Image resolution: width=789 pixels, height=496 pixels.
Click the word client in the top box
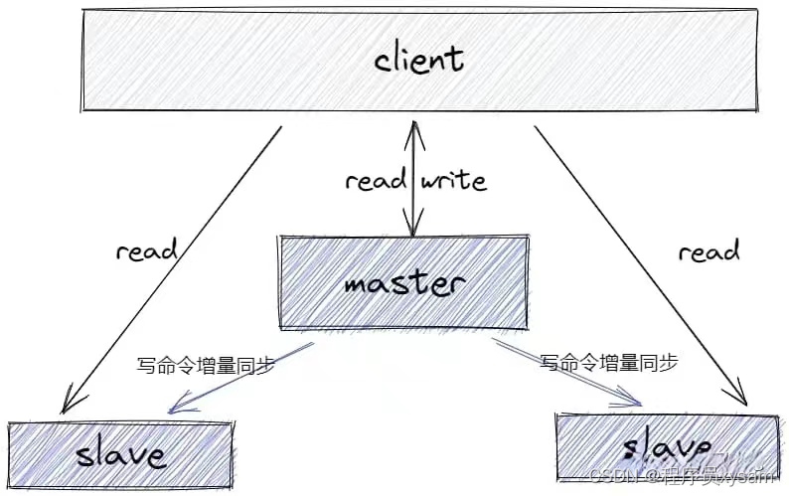(418, 59)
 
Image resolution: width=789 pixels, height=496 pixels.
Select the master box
(403, 282)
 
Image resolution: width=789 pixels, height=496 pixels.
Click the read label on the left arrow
(146, 250)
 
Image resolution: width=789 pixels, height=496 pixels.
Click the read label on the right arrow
(709, 252)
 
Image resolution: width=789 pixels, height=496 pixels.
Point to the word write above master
(454, 181)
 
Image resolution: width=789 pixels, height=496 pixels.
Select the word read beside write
(376, 181)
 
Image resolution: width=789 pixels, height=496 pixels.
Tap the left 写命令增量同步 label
(205, 365)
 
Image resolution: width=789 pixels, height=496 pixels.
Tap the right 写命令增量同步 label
(609, 363)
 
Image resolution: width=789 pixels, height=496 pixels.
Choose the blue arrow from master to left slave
(243, 377)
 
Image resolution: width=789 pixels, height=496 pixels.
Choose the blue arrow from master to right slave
(566, 375)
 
